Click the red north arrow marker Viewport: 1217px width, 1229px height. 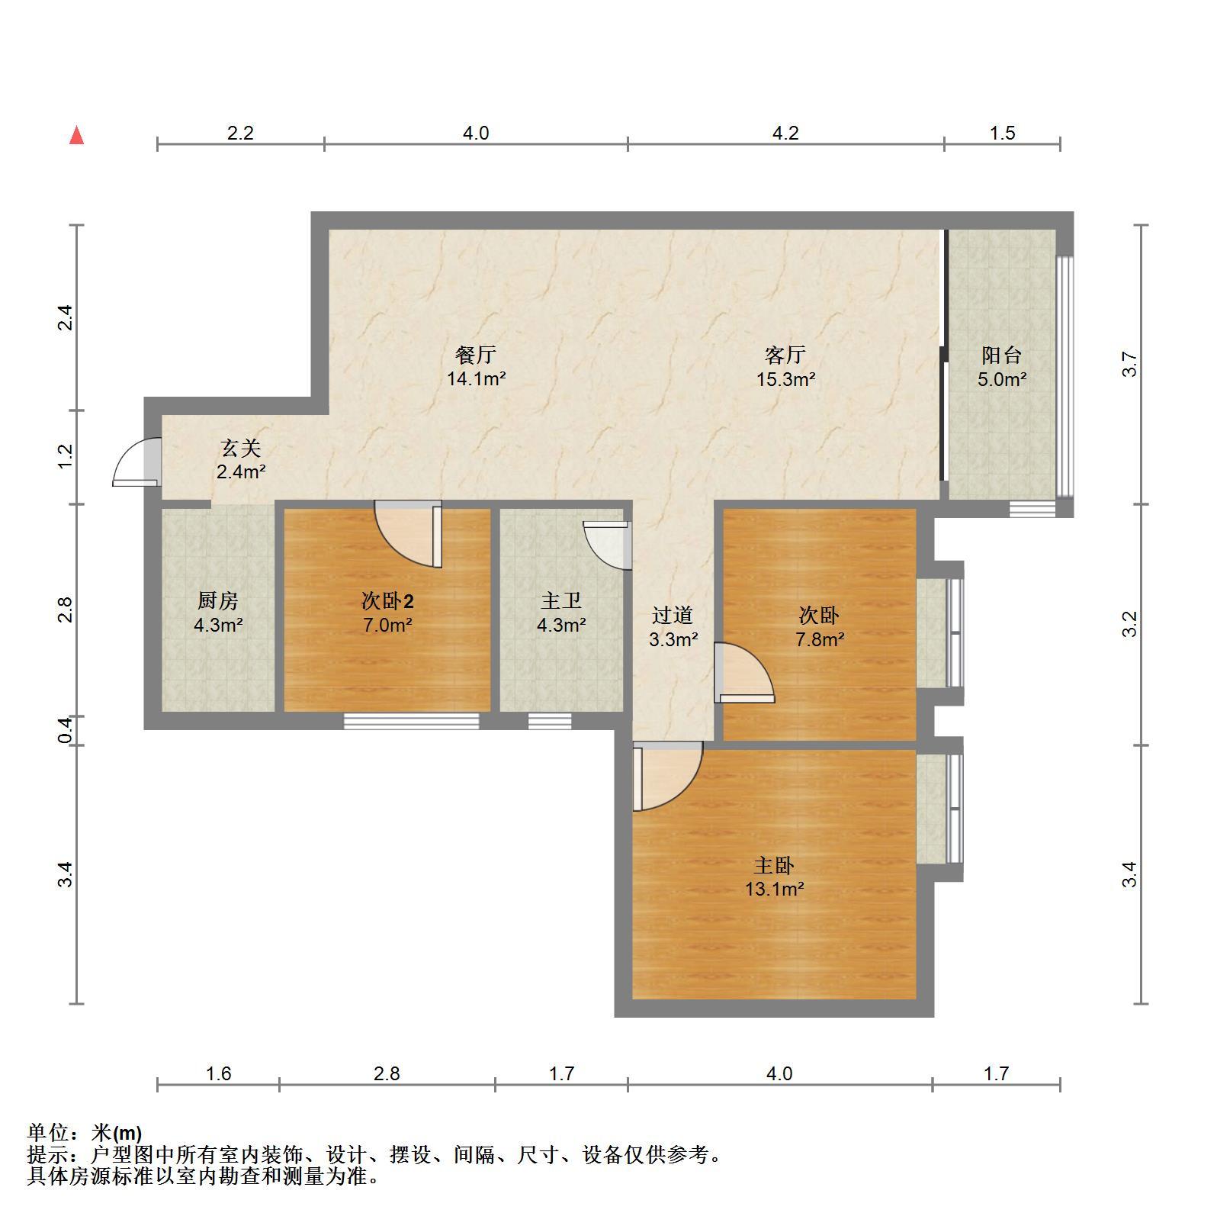pos(76,136)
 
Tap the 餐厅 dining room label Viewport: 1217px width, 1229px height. pos(476,355)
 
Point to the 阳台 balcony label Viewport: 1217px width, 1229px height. pos(1001,355)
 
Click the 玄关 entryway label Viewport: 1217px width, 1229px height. pos(241,448)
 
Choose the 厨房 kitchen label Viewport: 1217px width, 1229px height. pos(218,601)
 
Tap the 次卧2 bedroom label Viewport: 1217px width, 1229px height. pos(387,601)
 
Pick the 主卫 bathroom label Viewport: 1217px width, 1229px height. pos(561,601)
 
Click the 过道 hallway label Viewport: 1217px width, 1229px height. pos(673,615)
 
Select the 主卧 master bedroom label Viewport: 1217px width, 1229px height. pos(774,865)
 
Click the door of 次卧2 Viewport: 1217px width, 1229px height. pos(409,534)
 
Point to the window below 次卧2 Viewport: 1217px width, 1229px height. pos(411,721)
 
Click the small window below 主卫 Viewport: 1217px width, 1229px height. pos(550,721)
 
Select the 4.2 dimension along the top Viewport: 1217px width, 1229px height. pos(785,134)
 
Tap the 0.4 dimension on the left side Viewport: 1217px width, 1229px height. pos(66,730)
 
